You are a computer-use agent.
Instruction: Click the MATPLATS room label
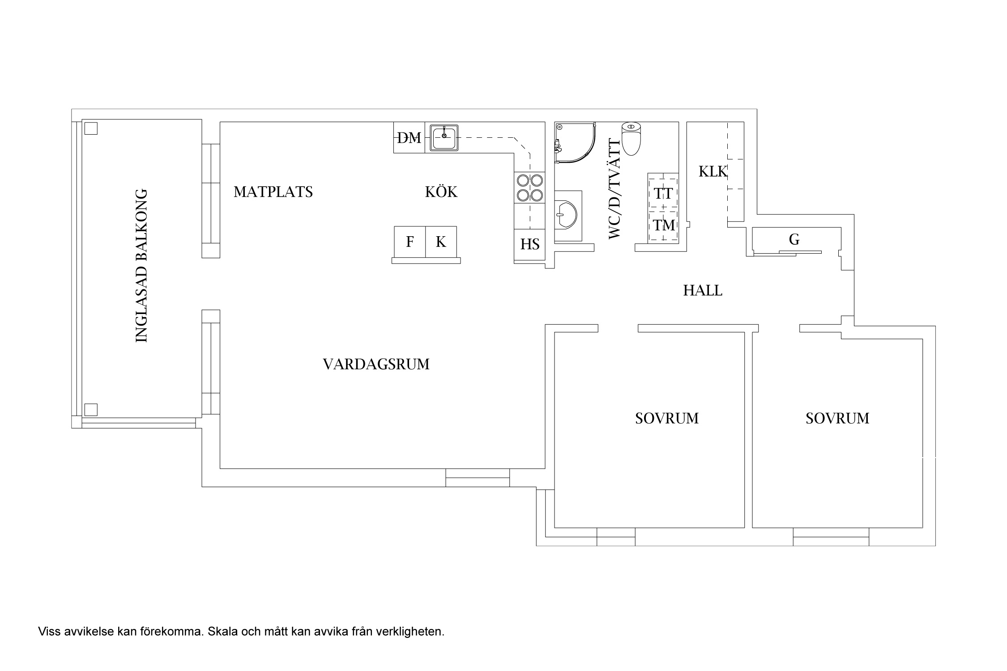click(273, 192)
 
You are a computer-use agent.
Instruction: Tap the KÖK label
click(441, 192)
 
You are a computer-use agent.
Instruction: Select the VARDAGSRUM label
click(376, 364)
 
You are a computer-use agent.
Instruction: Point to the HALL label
click(703, 291)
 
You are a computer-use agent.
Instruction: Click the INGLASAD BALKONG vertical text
click(141, 266)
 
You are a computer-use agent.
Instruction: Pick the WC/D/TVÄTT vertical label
click(615, 188)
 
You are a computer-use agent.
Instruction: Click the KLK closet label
click(713, 171)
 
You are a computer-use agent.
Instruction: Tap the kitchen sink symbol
click(444, 138)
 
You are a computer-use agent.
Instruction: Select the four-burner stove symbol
click(530, 187)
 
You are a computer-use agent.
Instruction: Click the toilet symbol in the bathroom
click(631, 138)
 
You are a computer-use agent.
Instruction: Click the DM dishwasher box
click(409, 138)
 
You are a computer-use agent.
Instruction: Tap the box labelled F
click(410, 242)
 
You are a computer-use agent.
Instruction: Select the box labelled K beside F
click(441, 242)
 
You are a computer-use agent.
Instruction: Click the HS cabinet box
click(529, 244)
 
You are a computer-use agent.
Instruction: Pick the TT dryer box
click(663, 194)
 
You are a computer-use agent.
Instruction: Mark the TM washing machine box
click(663, 225)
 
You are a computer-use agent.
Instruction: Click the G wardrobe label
click(794, 240)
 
